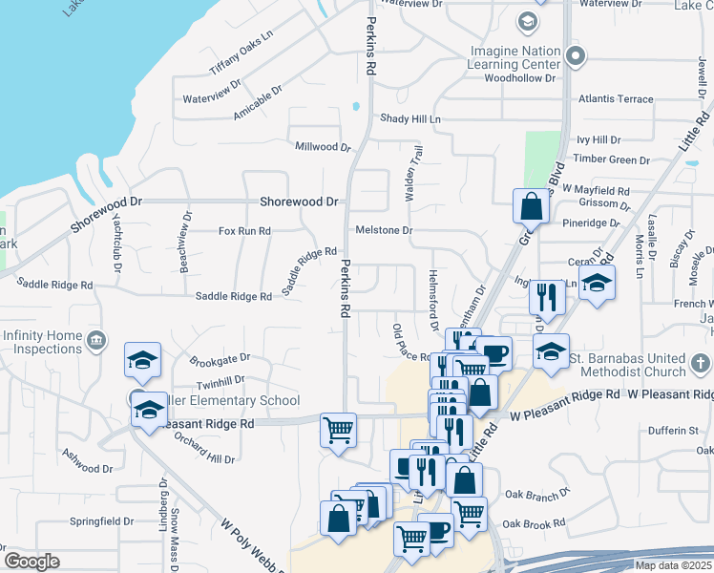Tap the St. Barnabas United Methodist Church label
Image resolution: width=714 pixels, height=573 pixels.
627,364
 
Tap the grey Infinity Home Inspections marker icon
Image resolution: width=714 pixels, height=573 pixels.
95,340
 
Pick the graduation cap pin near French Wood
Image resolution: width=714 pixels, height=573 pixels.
597,284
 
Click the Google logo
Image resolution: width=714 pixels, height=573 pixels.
31,561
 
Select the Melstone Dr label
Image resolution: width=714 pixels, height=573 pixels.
384,230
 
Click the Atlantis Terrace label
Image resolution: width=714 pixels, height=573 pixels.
617,98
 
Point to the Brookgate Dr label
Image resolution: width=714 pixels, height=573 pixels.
220,358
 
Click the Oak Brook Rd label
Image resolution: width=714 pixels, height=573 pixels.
534,523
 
